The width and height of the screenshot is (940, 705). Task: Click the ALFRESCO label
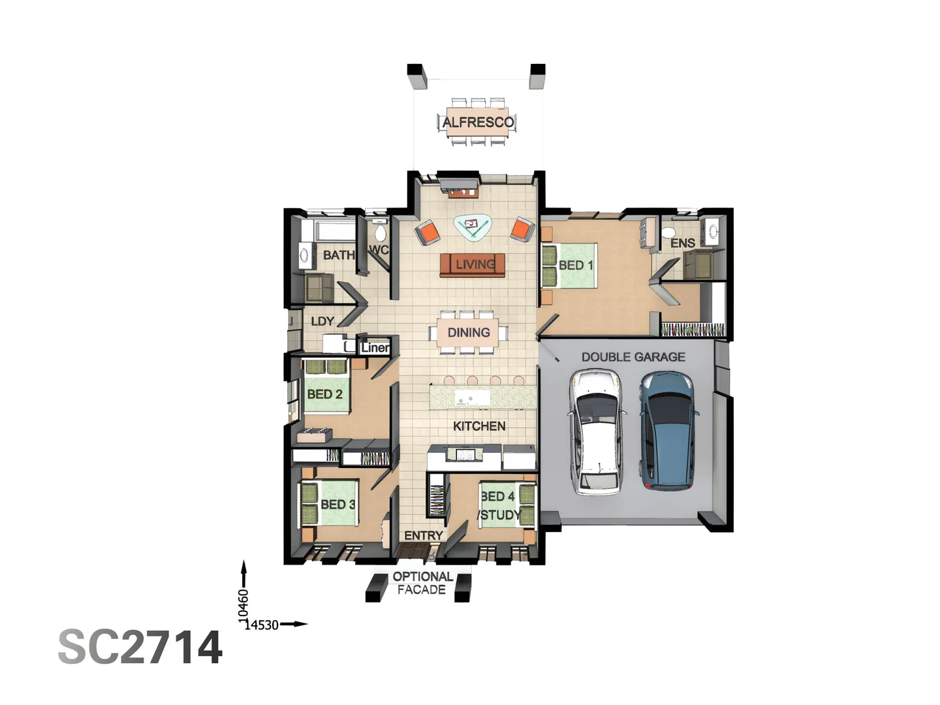(478, 122)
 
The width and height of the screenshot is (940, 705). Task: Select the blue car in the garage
(667, 431)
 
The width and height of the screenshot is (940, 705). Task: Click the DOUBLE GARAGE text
(633, 357)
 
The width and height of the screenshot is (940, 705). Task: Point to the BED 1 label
(576, 265)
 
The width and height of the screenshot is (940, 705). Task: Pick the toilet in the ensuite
(668, 233)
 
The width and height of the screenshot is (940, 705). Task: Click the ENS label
(683, 243)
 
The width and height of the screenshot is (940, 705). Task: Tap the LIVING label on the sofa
(475, 264)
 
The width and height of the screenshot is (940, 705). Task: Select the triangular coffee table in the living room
(473, 227)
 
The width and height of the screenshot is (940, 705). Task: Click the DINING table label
(469, 332)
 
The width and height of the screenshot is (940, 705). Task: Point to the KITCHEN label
(479, 426)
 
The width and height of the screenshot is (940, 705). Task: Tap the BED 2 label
(324, 394)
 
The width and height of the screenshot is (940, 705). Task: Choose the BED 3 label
(337, 505)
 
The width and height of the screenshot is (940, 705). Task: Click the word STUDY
(500, 515)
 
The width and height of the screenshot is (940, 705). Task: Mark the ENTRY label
(423, 535)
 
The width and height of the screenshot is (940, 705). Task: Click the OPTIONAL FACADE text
(422, 583)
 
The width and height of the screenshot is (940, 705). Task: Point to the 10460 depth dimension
(243, 604)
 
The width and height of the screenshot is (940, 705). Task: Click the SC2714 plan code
(140, 647)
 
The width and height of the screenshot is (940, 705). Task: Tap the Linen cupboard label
(375, 347)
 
